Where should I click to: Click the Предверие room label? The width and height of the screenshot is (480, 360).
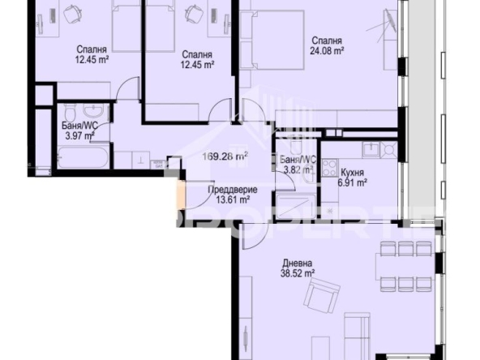click(x=228, y=189)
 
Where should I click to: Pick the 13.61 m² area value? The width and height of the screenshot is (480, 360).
click(x=228, y=199)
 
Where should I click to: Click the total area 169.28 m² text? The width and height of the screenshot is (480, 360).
click(x=225, y=157)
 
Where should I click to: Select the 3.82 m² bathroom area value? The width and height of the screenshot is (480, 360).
click(x=296, y=171)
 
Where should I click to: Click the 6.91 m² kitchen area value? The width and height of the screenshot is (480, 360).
click(x=353, y=183)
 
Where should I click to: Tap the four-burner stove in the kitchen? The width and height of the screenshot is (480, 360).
click(x=331, y=168)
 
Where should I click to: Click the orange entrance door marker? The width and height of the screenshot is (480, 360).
click(x=179, y=195)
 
